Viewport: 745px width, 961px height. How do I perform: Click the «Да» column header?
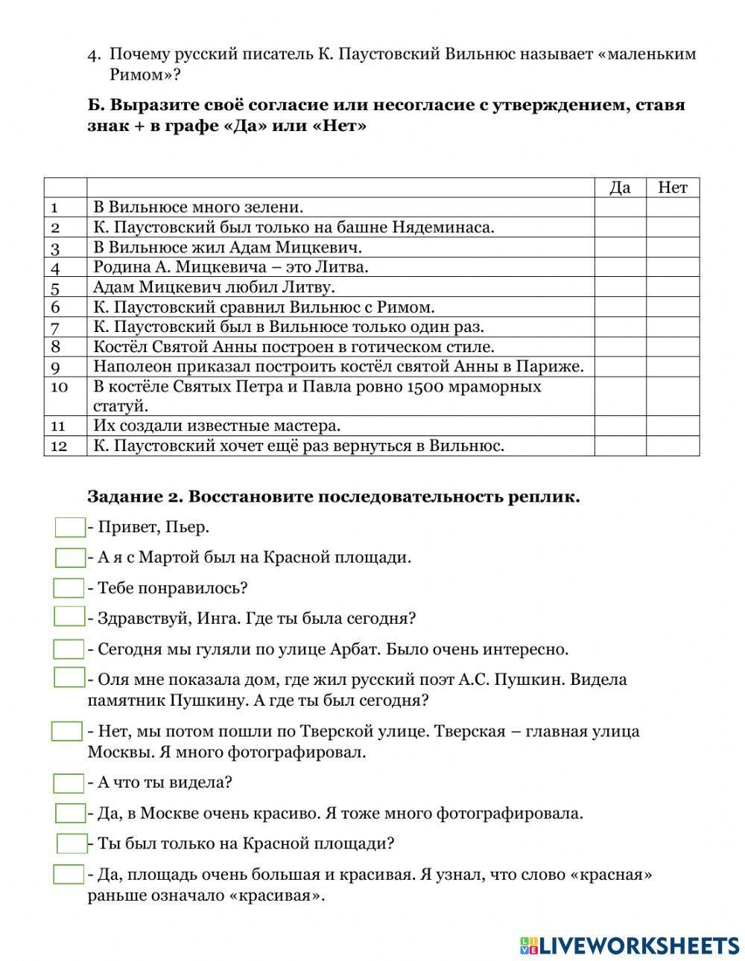[x=620, y=188]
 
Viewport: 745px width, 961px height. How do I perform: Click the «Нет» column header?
[x=672, y=188]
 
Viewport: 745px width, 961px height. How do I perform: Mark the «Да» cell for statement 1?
[x=620, y=207]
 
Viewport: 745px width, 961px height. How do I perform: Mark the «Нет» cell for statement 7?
[x=672, y=327]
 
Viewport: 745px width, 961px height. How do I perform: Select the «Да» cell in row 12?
[x=620, y=446]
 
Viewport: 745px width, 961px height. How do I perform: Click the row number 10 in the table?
[x=60, y=387]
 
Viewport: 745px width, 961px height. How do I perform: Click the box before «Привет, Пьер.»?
[x=71, y=528]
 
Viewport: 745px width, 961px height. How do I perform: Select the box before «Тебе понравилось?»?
[x=69, y=588]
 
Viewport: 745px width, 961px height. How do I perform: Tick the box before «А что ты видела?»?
[x=69, y=783]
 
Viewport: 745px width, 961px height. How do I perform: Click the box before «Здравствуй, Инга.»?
[x=69, y=616]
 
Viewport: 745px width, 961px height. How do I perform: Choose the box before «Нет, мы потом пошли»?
[x=67, y=731]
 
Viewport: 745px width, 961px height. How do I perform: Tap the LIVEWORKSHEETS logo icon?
[x=529, y=945]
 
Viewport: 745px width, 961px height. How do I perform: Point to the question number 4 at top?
[x=93, y=54]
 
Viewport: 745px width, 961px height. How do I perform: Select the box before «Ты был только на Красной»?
[x=72, y=843]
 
